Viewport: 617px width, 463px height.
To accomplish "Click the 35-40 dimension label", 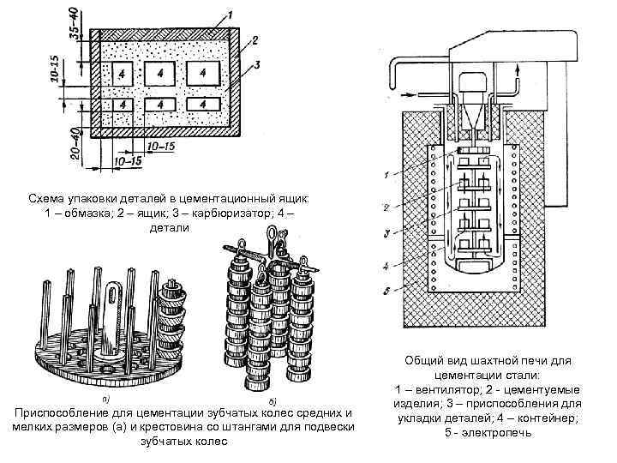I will click(x=75, y=23).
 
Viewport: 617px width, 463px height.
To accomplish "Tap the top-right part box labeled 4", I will click(x=202, y=74).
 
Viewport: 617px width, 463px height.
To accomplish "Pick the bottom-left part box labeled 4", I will click(x=122, y=105).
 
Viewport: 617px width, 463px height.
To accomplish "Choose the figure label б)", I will click(x=272, y=400).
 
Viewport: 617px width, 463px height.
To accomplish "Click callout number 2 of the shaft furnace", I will click(x=387, y=207).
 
